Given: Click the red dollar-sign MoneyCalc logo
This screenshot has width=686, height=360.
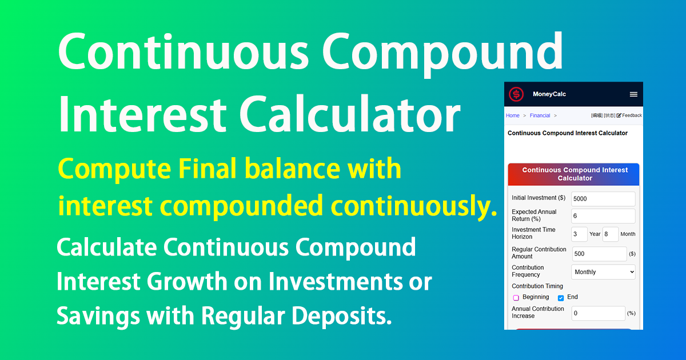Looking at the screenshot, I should [x=516, y=94].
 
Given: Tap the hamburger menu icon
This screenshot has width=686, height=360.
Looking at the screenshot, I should [x=633, y=94].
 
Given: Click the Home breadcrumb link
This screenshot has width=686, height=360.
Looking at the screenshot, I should [x=513, y=115].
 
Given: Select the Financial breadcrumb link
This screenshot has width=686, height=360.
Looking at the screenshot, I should [x=540, y=115].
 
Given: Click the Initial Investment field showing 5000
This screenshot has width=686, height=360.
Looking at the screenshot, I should [x=603, y=199].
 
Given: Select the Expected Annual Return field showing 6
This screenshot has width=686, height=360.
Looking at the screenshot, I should [x=603, y=216].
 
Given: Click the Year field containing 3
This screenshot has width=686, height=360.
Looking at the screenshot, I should [x=579, y=234].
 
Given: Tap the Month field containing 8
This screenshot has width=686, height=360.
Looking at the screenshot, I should [x=611, y=234].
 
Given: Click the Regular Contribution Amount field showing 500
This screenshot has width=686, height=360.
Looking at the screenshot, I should [x=599, y=254].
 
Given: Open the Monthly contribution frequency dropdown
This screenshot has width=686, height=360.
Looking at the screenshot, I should [x=603, y=272].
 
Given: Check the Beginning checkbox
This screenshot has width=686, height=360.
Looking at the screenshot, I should [x=516, y=298].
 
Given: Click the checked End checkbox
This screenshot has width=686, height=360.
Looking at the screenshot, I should [x=561, y=298].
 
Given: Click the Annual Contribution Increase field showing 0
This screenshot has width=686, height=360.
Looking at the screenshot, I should [x=599, y=313].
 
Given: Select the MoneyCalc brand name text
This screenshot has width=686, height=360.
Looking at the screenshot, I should [x=549, y=94].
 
